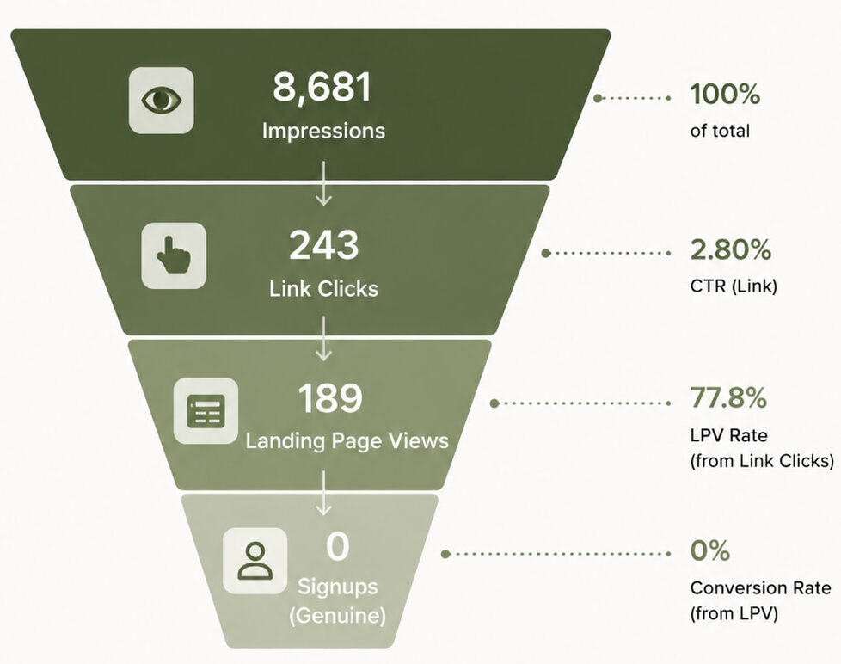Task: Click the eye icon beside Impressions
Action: coord(162,101)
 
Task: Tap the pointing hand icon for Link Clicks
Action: coord(174,255)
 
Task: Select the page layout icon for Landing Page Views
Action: coord(206,411)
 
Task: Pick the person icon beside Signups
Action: coord(255,561)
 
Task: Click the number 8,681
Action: coord(322,88)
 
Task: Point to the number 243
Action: coord(324,245)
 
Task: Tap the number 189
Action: coord(330,398)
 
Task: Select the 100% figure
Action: coord(725,94)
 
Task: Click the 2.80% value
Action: coord(731,250)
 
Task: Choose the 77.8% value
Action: coord(728,398)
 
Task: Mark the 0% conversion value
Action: coord(710,550)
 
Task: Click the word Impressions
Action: coord(323,132)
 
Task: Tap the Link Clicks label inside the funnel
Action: coord(323,288)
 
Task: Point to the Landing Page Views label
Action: coord(347,441)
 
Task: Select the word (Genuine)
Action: coord(337,615)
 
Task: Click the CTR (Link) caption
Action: coord(734,286)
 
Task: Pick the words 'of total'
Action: coord(720,131)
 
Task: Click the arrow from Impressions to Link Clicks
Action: coord(323,183)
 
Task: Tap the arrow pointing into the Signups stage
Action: coord(323,493)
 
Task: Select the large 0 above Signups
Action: coord(337,546)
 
